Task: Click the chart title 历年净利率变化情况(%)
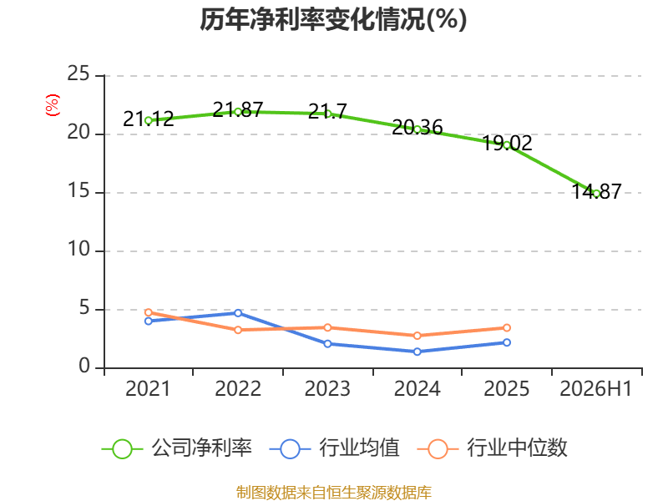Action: click(333, 19)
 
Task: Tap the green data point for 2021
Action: click(149, 120)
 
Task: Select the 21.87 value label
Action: click(238, 110)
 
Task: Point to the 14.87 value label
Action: click(596, 191)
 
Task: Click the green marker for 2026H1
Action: click(596, 194)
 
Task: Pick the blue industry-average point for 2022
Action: click(238, 313)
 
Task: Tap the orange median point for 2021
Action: click(149, 312)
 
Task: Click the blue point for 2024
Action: click(417, 352)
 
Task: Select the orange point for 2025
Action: click(507, 327)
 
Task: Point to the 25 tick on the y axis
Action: click(78, 74)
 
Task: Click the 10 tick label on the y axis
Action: click(78, 249)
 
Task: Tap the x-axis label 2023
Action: click(327, 388)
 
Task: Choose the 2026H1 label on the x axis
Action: click(595, 388)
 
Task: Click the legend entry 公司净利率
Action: click(177, 448)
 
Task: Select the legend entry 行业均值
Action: click(335, 448)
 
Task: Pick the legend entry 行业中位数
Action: click(493, 448)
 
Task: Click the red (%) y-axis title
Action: click(53, 105)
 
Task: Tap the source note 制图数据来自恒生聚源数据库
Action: click(333, 493)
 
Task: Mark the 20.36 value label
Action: click(417, 127)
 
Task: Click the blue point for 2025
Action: click(507, 342)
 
